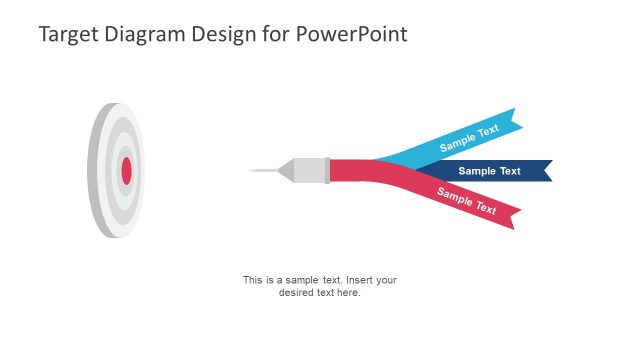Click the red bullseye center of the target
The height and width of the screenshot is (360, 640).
[x=127, y=171]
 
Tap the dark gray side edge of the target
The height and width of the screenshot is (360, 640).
[x=93, y=171]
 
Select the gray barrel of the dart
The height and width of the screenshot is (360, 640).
[x=309, y=171]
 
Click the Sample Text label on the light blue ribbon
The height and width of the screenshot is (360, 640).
[x=469, y=139]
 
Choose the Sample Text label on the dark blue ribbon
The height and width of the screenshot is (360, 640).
[x=489, y=171]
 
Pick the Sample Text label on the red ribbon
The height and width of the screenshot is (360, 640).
[x=467, y=201]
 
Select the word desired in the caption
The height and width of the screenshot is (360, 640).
[x=296, y=293]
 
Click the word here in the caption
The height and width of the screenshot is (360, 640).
[x=347, y=293]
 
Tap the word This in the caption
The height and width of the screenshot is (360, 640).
[x=253, y=280]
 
